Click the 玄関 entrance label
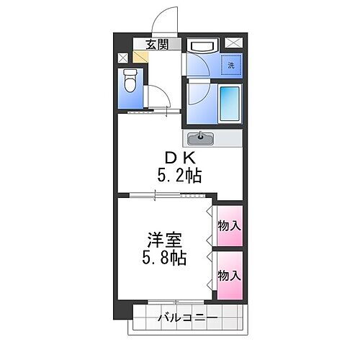(x=157, y=45)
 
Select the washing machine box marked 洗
(x=230, y=64)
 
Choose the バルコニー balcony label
(x=187, y=316)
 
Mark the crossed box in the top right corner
(x=233, y=42)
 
